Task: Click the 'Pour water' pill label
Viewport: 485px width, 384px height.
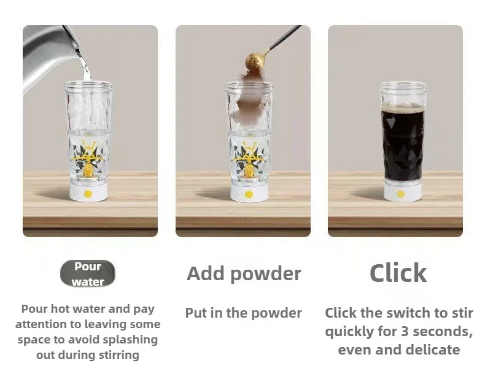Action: [88, 273]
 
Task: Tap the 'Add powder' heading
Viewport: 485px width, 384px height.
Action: [244, 274]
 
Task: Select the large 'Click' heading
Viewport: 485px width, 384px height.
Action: [398, 273]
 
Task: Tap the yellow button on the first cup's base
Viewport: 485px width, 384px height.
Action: [88, 194]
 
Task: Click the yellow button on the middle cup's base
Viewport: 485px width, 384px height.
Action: [249, 194]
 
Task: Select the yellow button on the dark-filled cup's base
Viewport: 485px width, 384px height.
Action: [400, 194]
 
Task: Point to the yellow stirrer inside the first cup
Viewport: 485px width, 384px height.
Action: [88, 159]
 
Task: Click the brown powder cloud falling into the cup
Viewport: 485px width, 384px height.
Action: [252, 96]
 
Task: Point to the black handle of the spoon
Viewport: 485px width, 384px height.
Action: [285, 37]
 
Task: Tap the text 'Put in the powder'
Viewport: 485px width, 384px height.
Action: [244, 313]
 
